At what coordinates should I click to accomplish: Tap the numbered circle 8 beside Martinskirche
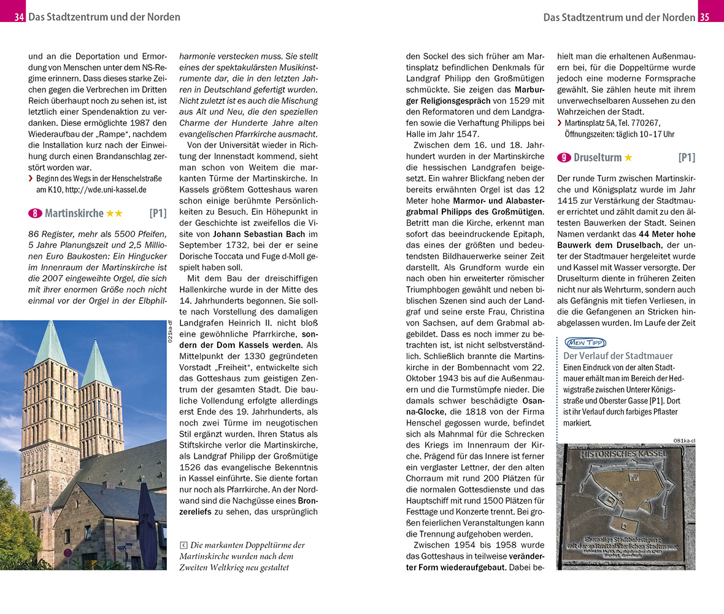(x=35, y=213)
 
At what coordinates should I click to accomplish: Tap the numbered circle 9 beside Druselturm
(x=564, y=158)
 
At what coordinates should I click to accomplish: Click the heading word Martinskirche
(x=74, y=213)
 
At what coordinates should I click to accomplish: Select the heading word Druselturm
(x=598, y=158)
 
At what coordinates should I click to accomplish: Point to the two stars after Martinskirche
(x=114, y=213)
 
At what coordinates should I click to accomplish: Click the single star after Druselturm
(x=628, y=158)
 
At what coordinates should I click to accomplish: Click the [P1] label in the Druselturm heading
(x=686, y=158)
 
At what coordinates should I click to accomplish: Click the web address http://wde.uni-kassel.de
(x=106, y=190)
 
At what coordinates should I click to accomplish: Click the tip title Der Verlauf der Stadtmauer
(x=618, y=356)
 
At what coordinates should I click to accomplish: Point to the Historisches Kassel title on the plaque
(x=623, y=455)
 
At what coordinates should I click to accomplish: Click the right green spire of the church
(x=96, y=362)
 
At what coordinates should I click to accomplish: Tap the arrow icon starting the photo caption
(x=183, y=545)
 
